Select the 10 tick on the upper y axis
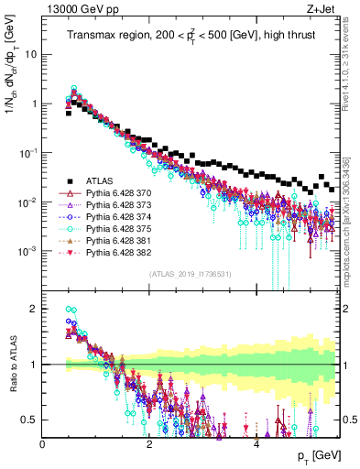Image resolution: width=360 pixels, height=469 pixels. point(31,53)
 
